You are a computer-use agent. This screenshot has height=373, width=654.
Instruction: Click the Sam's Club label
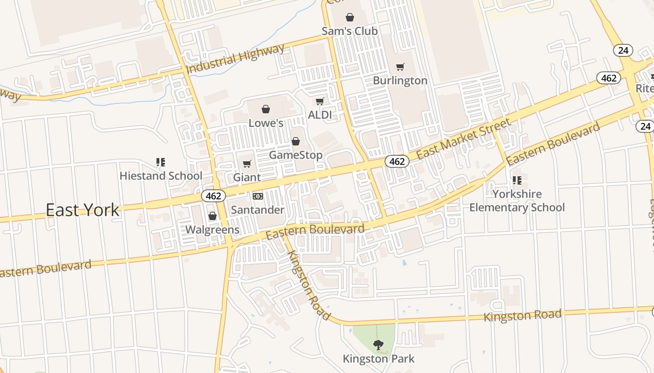click(x=349, y=31)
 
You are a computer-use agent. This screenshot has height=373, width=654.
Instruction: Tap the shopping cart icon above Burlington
click(x=400, y=67)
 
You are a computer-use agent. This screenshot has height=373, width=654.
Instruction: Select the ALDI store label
click(x=320, y=114)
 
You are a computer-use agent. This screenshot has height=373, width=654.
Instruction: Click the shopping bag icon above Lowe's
click(x=265, y=109)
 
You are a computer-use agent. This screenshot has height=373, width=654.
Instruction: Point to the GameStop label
click(x=295, y=155)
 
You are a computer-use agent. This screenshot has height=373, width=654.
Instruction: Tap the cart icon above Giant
click(x=247, y=164)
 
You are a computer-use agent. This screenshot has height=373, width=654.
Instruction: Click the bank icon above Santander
click(x=257, y=196)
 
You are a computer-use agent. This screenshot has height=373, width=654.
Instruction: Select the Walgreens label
click(x=212, y=229)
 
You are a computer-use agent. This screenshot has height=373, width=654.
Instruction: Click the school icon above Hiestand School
click(x=161, y=162)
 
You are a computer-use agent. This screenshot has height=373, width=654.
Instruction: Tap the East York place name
click(x=82, y=210)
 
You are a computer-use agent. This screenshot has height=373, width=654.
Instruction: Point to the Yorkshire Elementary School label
click(x=517, y=200)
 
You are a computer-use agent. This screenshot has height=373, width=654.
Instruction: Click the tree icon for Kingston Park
click(x=378, y=345)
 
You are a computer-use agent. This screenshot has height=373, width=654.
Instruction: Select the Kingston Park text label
click(x=378, y=359)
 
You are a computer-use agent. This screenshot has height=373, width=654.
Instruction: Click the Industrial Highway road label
click(x=235, y=59)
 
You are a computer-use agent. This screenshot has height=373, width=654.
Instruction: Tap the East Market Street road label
click(x=463, y=138)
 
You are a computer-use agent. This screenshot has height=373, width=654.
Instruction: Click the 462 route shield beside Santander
click(x=213, y=196)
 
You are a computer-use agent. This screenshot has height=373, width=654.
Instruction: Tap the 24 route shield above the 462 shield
click(x=623, y=50)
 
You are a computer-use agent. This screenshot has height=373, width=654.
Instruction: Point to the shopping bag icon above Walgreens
click(x=212, y=216)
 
